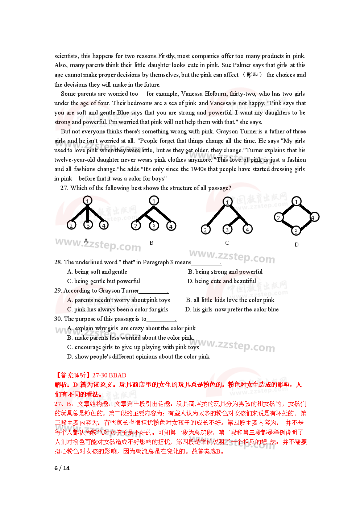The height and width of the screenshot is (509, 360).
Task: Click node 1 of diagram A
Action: (87, 200)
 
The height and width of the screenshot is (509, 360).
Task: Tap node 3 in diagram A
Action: (88, 225)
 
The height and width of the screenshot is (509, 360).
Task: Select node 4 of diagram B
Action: (171, 226)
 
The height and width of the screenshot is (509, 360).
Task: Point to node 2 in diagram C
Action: (206, 229)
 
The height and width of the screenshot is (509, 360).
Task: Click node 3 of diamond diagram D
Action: (296, 231)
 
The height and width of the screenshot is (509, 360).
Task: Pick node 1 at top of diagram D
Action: (297, 202)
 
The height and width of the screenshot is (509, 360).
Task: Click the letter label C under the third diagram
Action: (227, 243)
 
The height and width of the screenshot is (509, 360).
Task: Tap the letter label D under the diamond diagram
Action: (297, 245)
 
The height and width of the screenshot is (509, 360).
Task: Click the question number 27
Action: (64, 188)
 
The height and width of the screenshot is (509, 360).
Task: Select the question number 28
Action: (58, 262)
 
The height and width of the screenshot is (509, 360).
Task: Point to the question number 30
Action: (58, 319)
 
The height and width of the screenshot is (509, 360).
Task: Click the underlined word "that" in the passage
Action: (229, 122)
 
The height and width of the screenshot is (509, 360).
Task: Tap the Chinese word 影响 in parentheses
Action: (252, 75)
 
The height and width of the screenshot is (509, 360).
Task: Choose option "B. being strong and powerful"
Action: (225, 272)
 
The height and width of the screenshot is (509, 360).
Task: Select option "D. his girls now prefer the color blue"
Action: (232, 309)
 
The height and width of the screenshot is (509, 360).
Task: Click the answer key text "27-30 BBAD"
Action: (109, 375)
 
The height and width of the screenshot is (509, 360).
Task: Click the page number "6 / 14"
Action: (62, 468)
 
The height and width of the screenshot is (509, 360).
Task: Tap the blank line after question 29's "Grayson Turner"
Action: (153, 291)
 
